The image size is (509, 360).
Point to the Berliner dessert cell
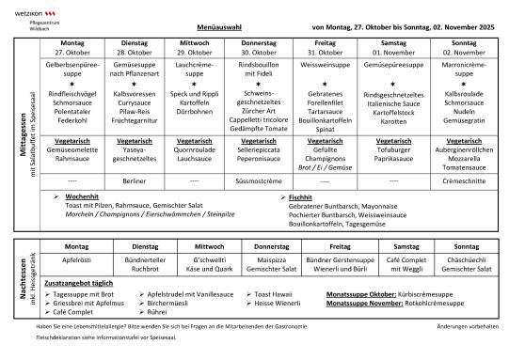tap(135, 179)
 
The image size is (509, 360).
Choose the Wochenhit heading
tap(84, 196)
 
